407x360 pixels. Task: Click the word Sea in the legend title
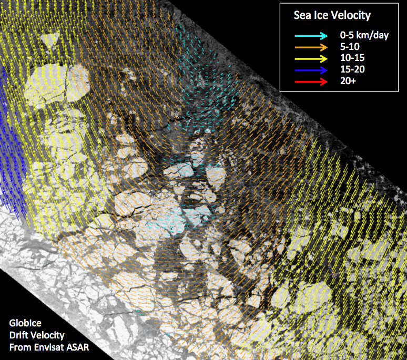coord(302,16)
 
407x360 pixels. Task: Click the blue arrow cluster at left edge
coord(12,142)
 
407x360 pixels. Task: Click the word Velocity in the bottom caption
coord(48,336)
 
